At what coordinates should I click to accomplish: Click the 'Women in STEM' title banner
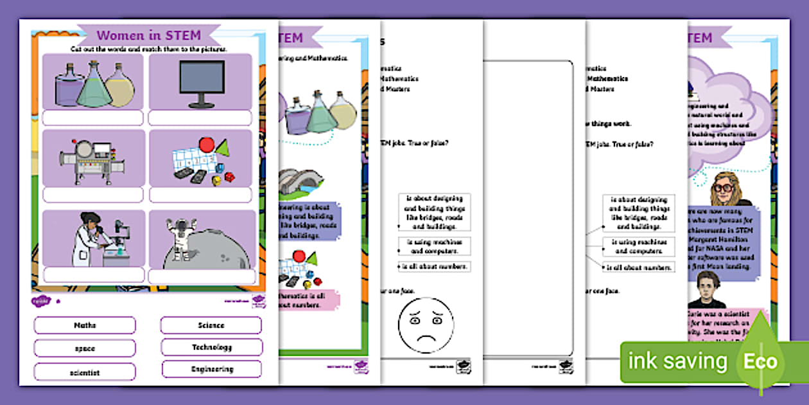tap(148, 35)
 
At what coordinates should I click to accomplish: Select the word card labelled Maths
tap(85, 325)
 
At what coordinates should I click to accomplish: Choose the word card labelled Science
tap(211, 325)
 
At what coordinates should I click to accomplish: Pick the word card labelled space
tap(85, 348)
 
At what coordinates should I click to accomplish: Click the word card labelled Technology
tap(212, 347)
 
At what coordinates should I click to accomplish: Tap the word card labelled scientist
tap(85, 372)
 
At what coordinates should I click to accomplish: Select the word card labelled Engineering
tap(212, 369)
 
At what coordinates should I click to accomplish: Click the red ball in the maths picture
tap(206, 145)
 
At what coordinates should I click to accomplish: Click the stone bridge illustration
tap(300, 183)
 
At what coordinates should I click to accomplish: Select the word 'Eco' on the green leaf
tap(761, 361)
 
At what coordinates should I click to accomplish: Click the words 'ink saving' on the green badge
tap(677, 361)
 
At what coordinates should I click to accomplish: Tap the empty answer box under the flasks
tap(92, 118)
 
